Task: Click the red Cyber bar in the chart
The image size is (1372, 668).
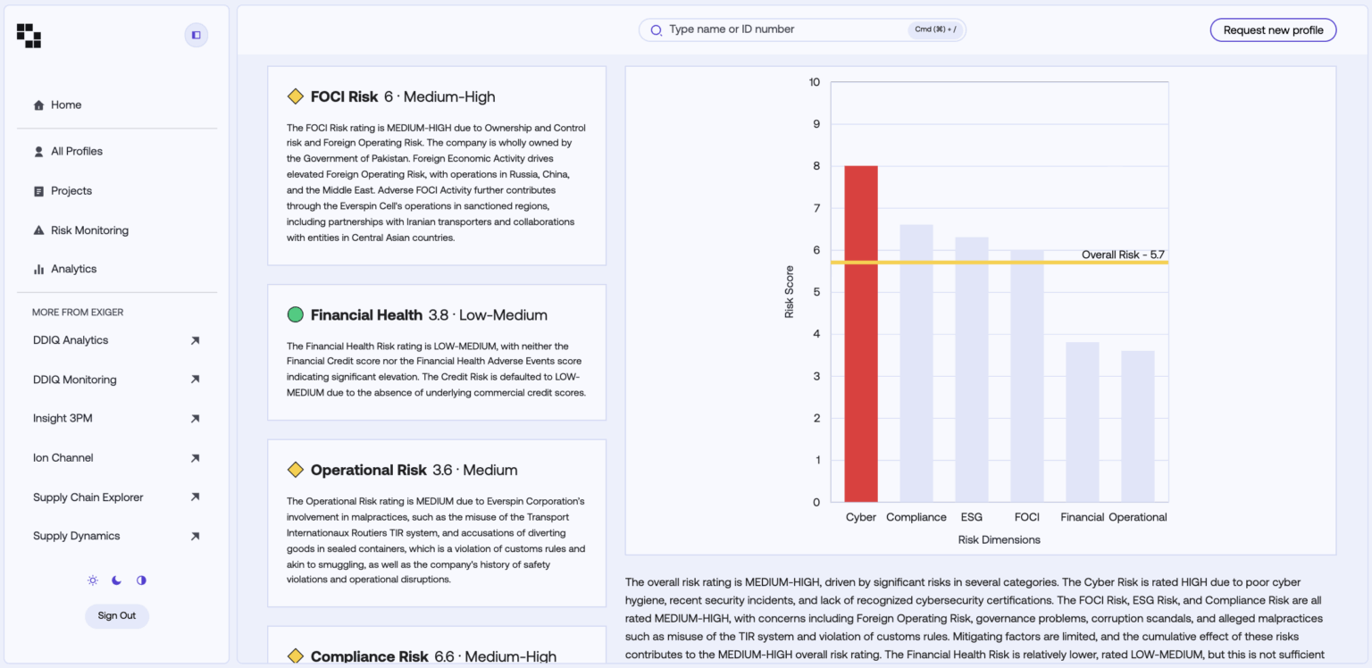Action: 860,334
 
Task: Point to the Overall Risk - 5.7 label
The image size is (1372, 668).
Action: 1122,255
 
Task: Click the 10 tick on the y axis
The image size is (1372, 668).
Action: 814,82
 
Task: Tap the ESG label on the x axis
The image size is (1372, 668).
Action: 971,517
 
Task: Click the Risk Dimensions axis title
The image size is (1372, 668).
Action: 999,539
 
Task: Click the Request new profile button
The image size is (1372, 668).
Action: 1273,30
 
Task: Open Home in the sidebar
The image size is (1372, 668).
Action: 66,105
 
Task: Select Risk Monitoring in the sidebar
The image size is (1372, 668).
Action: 89,230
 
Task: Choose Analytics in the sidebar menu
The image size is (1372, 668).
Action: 73,269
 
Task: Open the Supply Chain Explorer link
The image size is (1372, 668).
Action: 88,497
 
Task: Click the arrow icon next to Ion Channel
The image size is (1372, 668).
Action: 195,458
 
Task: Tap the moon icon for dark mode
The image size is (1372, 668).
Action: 117,580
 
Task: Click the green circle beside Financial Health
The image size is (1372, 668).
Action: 296,314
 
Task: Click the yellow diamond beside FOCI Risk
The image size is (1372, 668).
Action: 296,96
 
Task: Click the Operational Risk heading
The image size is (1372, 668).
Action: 368,470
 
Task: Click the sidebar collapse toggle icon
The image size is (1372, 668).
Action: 197,35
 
